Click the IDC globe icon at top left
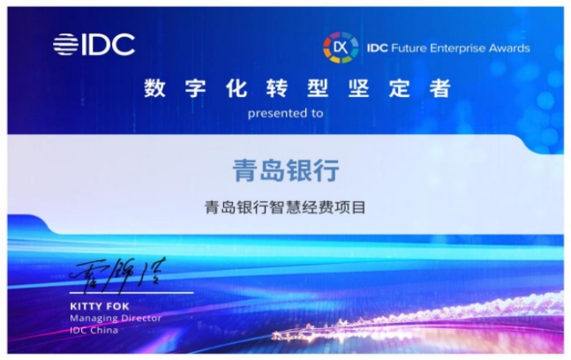coord(65,44)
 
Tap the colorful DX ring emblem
coord(341,48)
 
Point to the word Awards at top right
coord(509,48)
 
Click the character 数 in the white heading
coord(154,88)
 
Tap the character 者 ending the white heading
coord(440,88)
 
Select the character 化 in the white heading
coord(237,88)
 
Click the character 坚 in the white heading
coord(358,88)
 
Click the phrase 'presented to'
coord(286,114)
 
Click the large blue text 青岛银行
coord(286,170)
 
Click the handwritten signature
coord(117,274)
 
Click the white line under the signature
coord(131,292)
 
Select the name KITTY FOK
coord(100,306)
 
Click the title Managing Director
coord(116,319)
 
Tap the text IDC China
coord(94,331)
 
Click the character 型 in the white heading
coord(318,88)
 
